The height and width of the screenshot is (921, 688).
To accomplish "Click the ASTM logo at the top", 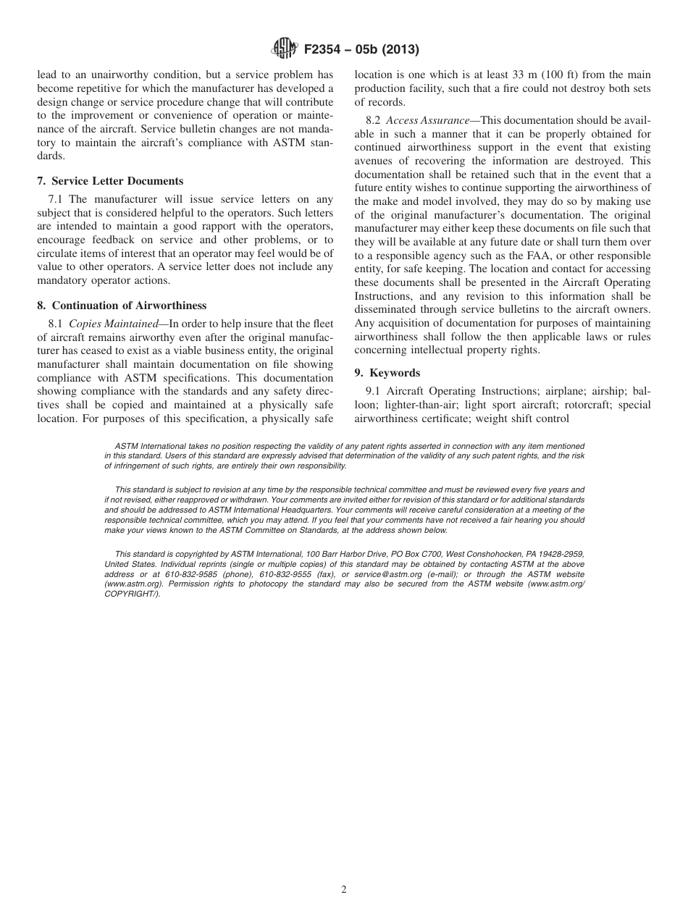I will pos(283,49).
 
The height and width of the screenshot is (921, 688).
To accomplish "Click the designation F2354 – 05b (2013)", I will pos(361,50).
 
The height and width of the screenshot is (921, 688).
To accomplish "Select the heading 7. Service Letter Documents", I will pos(110,181).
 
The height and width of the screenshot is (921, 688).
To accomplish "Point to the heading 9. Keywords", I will pos(387,373).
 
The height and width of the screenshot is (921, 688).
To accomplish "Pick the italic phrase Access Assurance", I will pos(427,120).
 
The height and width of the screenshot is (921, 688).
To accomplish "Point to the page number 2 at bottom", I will pos(344,890).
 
